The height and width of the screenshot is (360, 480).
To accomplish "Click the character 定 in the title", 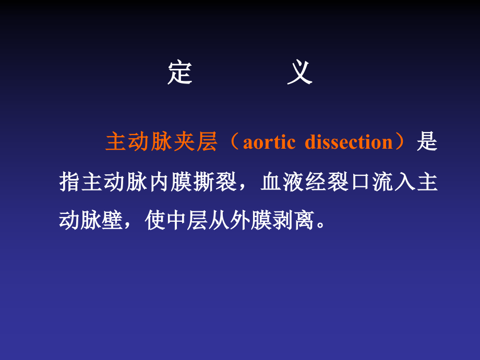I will click(x=180, y=73).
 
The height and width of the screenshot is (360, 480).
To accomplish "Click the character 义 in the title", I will click(x=299, y=73).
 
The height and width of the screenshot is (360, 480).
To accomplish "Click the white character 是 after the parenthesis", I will click(x=427, y=142).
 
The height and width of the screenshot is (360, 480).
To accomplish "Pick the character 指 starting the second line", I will click(x=69, y=182).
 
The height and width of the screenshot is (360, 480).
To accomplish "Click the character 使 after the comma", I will click(x=155, y=221).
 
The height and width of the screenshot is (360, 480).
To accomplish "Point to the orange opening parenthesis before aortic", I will click(x=233, y=142).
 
